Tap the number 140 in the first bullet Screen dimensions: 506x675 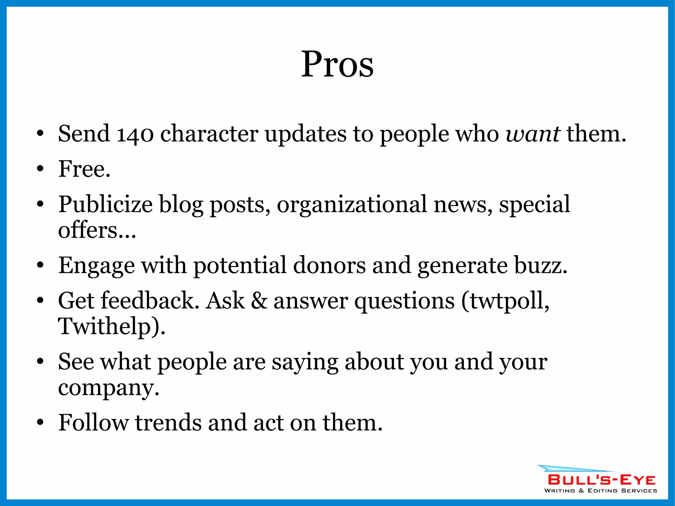click(x=135, y=134)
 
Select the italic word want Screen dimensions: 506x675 click(x=533, y=134)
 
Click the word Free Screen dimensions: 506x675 click(x=84, y=169)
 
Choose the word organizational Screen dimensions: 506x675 click(x=352, y=205)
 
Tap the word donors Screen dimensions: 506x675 click(x=329, y=265)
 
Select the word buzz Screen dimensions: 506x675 click(x=541, y=265)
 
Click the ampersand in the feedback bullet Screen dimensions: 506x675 click(x=259, y=301)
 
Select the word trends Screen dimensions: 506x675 click(x=168, y=423)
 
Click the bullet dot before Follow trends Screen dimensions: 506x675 click(x=40, y=423)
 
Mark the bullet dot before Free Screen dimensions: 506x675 click(x=40, y=169)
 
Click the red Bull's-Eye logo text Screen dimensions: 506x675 click(x=602, y=480)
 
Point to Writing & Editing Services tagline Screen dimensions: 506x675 click(x=601, y=491)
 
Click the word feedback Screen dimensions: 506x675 click(x=150, y=301)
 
